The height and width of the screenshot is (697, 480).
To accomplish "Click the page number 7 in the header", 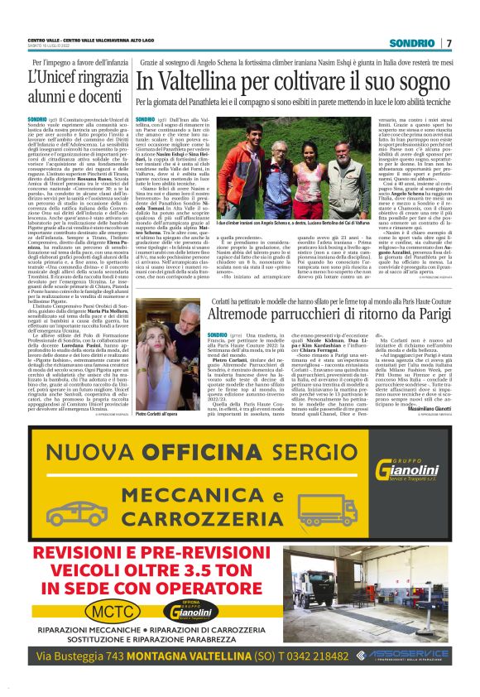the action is pyautogui.click(x=449, y=43).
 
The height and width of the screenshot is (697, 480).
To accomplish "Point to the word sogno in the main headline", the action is pyautogui.click(x=422, y=83).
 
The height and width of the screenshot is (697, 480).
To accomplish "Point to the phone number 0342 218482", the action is pyautogui.click(x=313, y=656).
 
